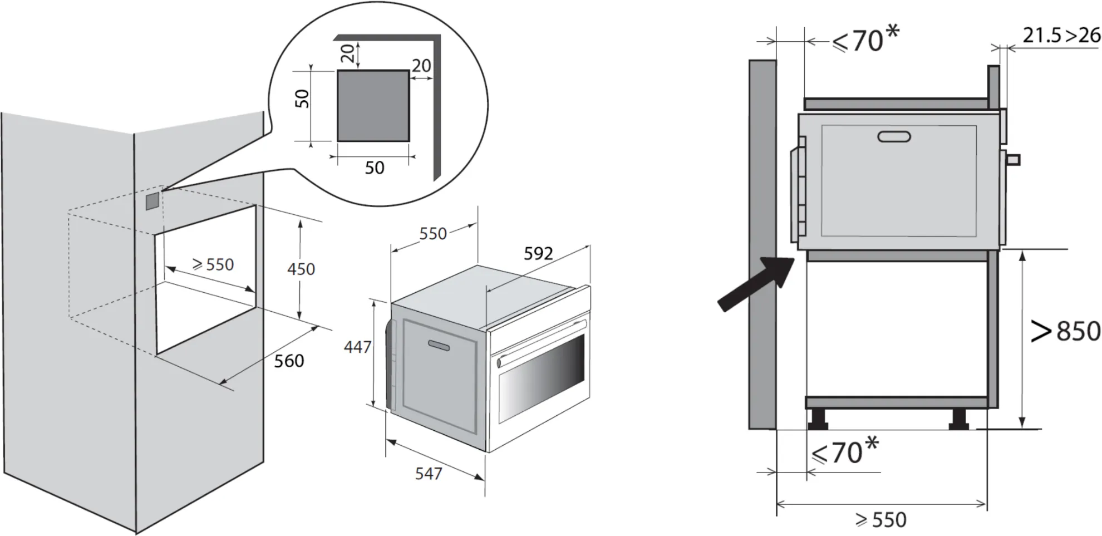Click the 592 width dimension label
(x=538, y=254)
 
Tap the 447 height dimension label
(x=357, y=347)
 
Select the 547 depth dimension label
(x=429, y=474)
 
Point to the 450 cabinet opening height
(x=301, y=269)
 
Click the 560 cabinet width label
(x=289, y=361)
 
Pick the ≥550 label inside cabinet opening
(x=213, y=264)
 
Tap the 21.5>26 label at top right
(x=1061, y=36)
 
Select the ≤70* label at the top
(x=866, y=40)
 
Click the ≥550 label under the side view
(x=881, y=520)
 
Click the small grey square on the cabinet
(x=152, y=201)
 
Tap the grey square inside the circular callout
(x=373, y=106)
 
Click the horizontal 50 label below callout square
(x=375, y=168)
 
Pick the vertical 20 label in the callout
(x=347, y=53)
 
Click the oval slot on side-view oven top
(x=894, y=136)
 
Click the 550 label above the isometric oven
(x=433, y=234)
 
